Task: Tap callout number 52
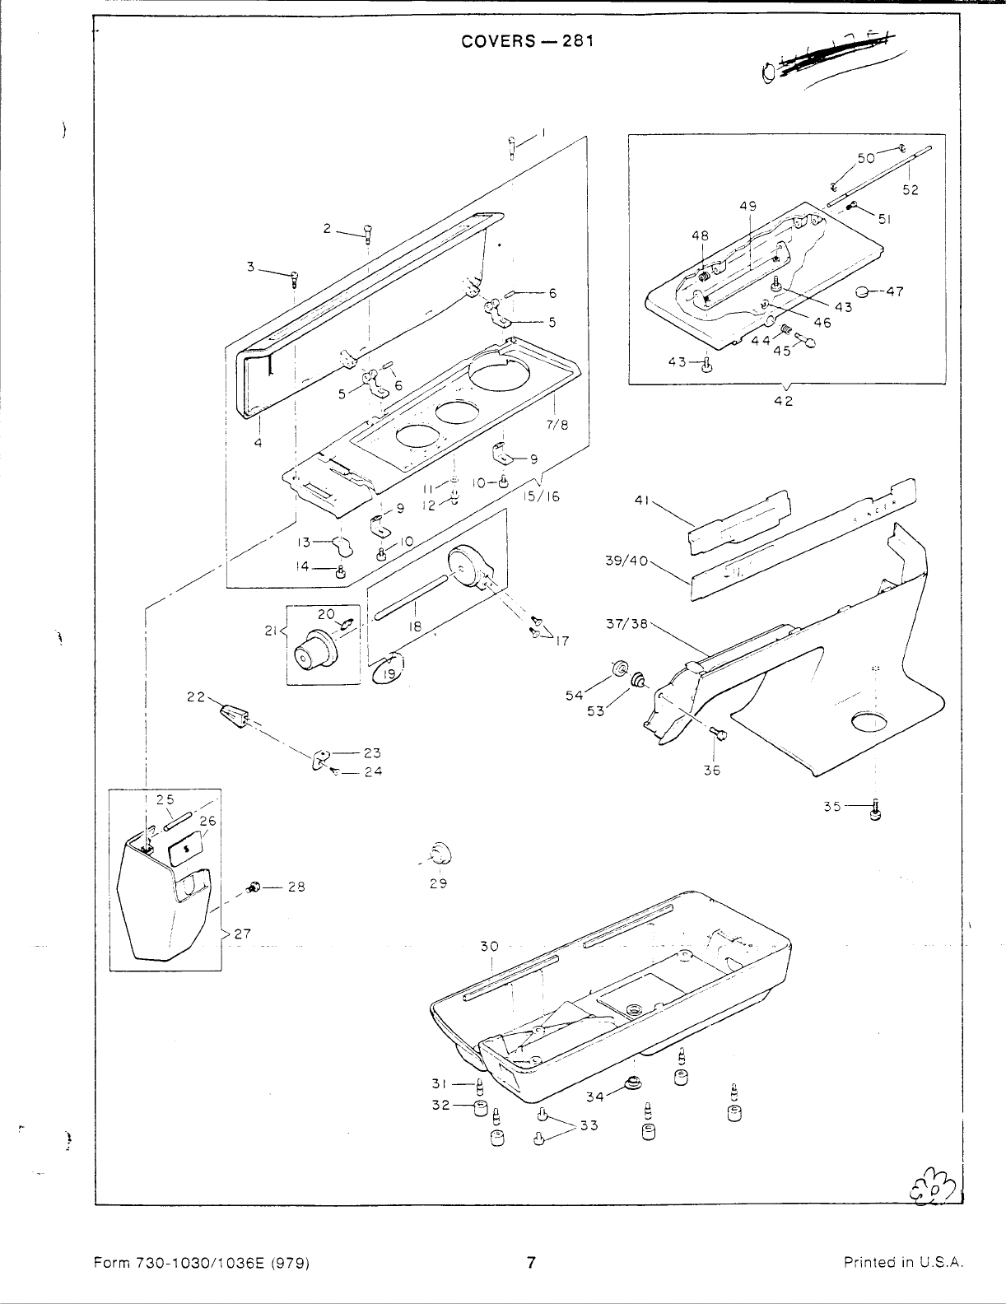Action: pyautogui.click(x=910, y=189)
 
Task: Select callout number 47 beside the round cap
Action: pyautogui.click(x=895, y=291)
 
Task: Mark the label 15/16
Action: pyautogui.click(x=542, y=497)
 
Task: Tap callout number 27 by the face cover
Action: pyautogui.click(x=241, y=934)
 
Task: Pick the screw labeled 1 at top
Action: pyautogui.click(x=513, y=147)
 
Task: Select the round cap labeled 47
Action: pyautogui.click(x=864, y=291)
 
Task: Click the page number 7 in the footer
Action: pyautogui.click(x=531, y=1262)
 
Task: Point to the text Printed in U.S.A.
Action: pyautogui.click(x=903, y=1263)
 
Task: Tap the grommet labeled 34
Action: pyautogui.click(x=632, y=1085)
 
